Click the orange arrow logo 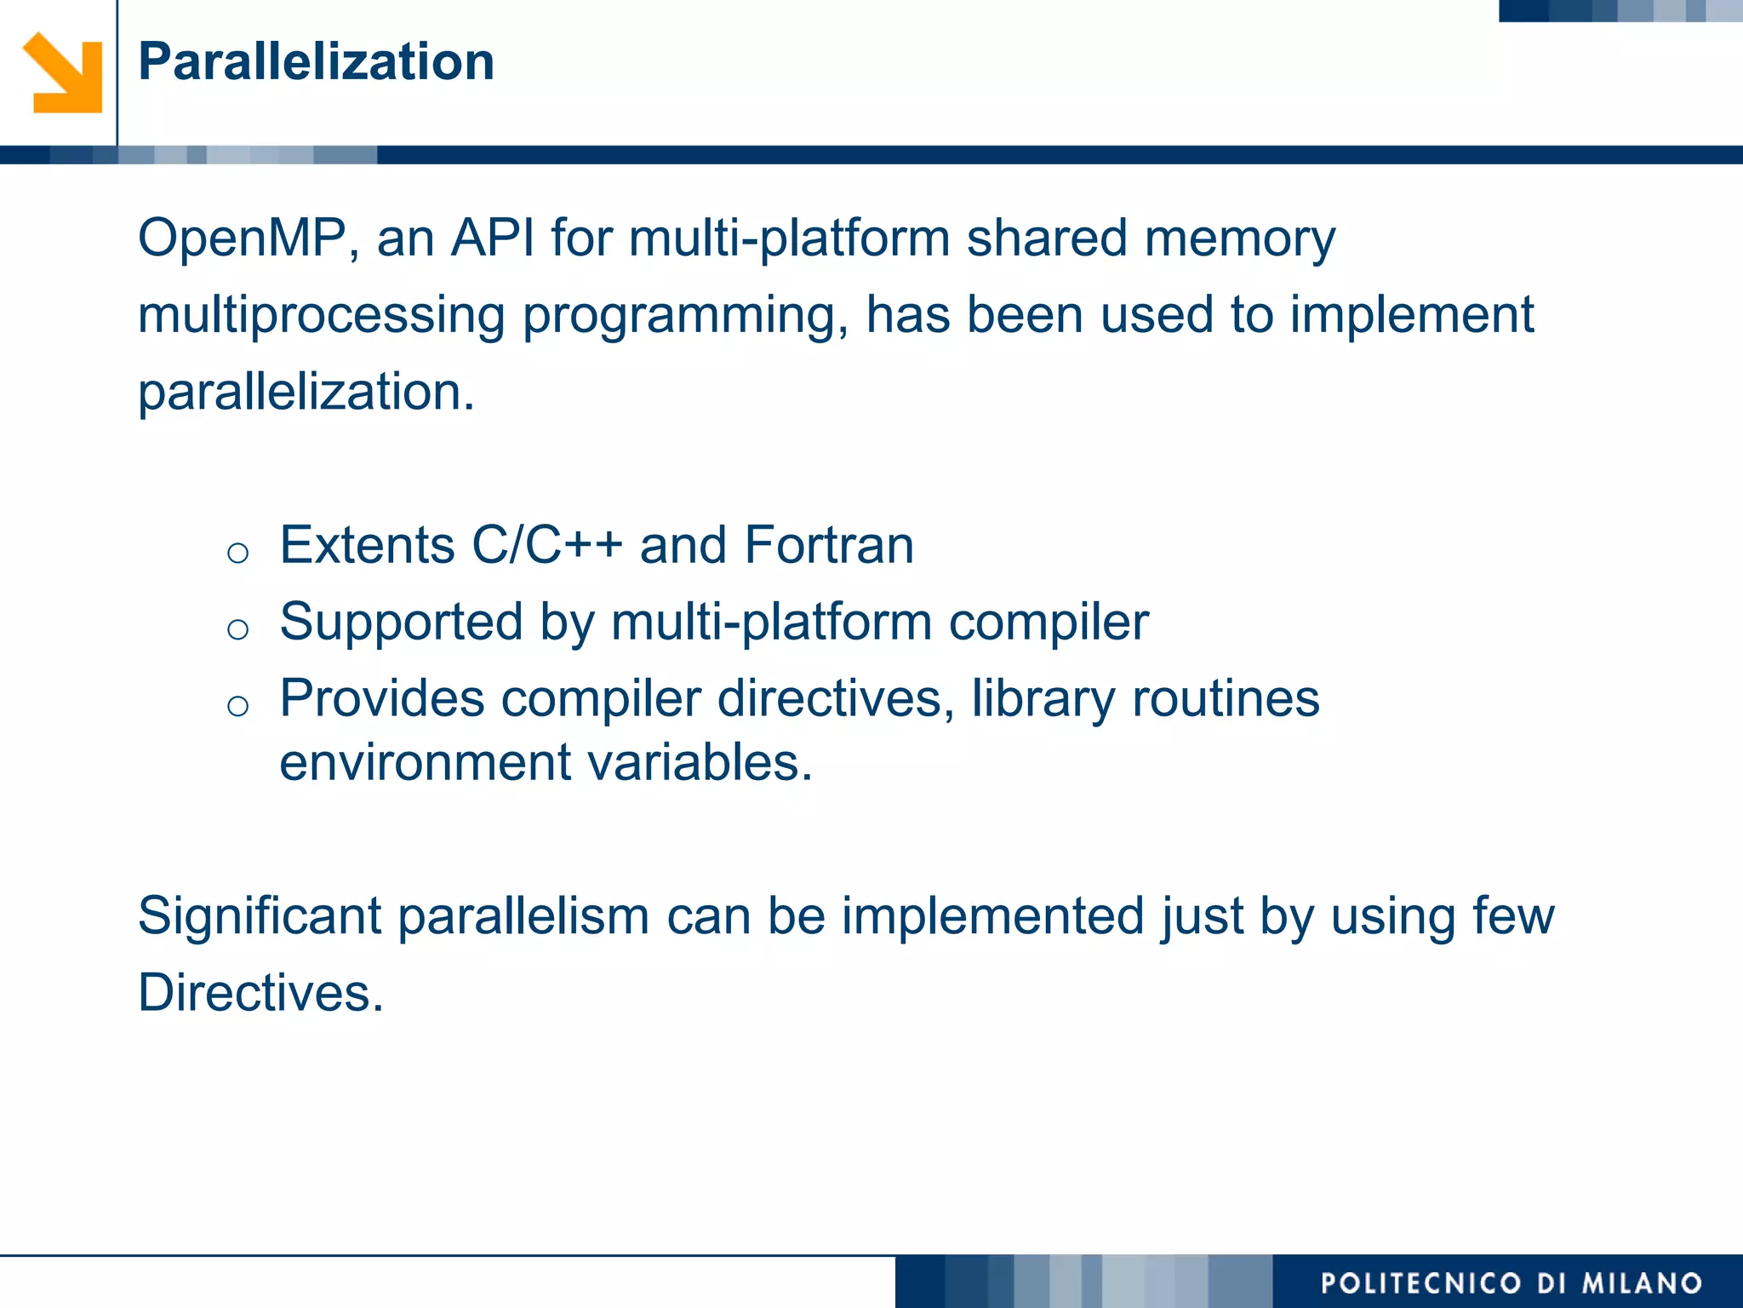click(x=63, y=73)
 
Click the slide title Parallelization click(x=316, y=62)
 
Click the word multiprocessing click(x=321, y=316)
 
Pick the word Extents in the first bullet click(x=367, y=545)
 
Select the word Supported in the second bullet click(x=401, y=622)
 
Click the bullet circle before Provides click(x=238, y=706)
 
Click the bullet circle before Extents click(x=238, y=554)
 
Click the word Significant click(x=260, y=916)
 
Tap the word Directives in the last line click(x=260, y=993)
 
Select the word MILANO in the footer click(x=1642, y=1283)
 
